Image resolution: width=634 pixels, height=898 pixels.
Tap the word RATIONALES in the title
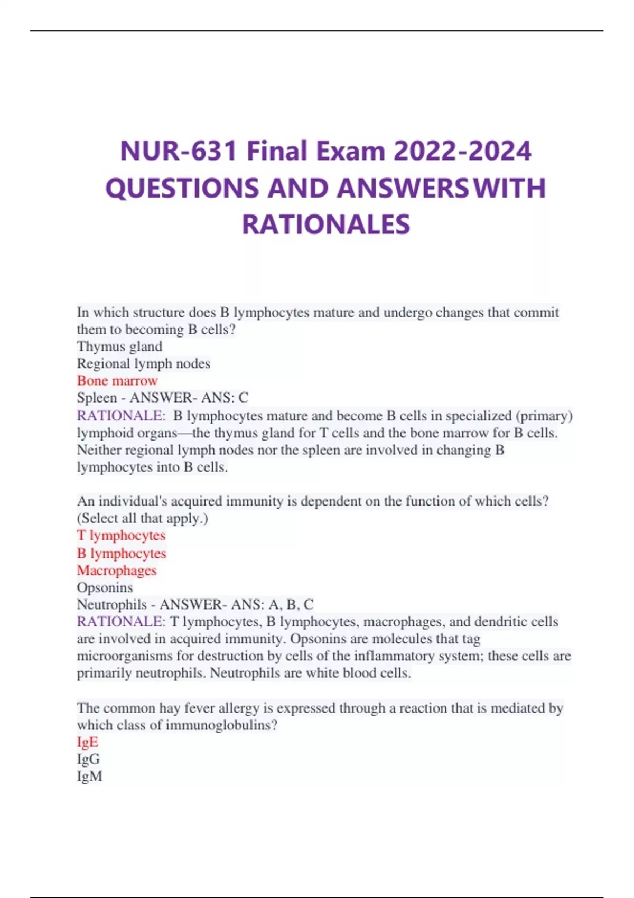coord(325,224)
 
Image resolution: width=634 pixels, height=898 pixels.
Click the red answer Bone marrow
coord(117,380)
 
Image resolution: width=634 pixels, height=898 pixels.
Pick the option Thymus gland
coord(119,347)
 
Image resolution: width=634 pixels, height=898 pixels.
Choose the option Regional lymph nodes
coord(143,363)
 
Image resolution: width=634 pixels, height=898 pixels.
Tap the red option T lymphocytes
coord(121,535)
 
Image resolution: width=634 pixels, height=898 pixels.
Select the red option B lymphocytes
coord(122,553)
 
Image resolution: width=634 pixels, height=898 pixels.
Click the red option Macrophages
coord(117,570)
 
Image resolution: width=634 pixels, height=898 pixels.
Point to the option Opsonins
coord(105,587)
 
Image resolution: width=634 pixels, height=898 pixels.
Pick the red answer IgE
coord(88,742)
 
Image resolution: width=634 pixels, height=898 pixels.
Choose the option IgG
coord(88,759)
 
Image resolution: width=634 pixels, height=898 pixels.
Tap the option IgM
coord(89,776)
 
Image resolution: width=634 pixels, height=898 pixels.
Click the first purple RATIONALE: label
coord(121,416)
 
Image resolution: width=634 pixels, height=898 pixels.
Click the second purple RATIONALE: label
coord(121,622)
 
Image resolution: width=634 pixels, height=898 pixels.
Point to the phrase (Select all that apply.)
coord(143,518)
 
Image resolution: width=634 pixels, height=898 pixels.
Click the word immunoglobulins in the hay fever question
coord(221,725)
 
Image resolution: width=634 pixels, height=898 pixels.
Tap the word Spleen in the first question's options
coord(97,397)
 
